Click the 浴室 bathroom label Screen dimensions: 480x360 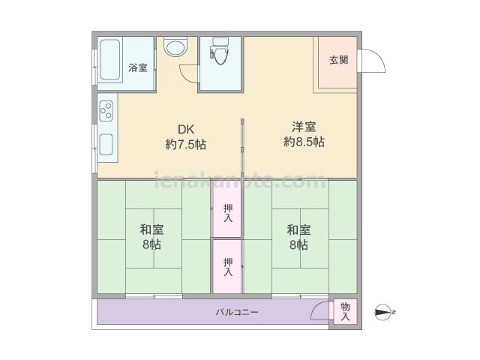138,67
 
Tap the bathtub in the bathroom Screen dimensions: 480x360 110,60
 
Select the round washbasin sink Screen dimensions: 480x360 175,46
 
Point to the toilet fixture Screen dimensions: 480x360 220,50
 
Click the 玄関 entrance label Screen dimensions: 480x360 339,60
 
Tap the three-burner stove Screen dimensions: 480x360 106,110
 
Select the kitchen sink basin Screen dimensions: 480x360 106,144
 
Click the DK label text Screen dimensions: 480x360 186,130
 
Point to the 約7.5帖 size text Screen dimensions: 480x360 186,144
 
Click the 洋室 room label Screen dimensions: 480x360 304,127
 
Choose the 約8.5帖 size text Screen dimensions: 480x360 304,142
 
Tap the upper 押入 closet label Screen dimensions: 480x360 228,213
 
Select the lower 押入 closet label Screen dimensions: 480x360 228,267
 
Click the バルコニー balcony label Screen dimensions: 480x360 237,312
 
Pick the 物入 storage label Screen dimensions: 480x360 345,312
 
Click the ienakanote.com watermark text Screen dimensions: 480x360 240,180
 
